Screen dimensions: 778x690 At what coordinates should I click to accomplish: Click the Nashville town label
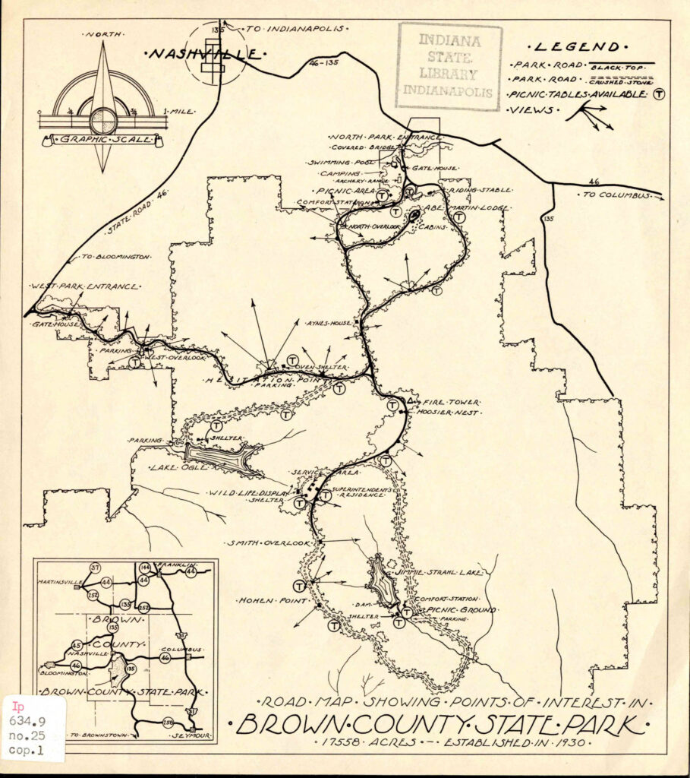205,54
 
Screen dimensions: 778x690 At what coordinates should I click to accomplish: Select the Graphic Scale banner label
102,140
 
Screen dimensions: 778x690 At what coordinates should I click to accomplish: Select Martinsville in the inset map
61,583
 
